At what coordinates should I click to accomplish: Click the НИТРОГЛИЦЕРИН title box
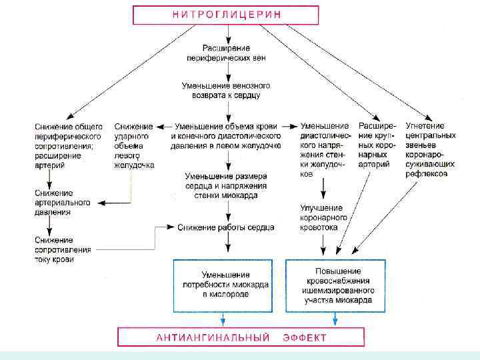tap(225, 14)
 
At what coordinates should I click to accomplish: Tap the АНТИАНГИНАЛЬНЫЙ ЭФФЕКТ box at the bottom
tap(241, 337)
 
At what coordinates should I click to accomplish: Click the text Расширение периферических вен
tap(226, 53)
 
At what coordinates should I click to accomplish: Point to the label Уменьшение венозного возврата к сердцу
tap(226, 91)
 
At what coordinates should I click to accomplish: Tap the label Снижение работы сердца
tap(226, 227)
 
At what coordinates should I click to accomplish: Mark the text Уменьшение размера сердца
tap(226, 185)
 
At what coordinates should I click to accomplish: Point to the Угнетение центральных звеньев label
tap(431, 150)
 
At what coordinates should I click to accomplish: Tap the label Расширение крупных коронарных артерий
tap(377, 145)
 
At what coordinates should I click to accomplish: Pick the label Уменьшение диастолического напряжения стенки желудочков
tap(325, 150)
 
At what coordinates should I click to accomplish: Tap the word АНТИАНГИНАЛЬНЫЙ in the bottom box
tap(213, 337)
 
